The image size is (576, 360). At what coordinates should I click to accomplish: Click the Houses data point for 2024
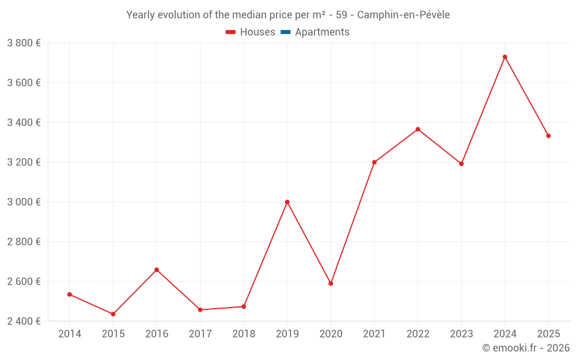click(x=505, y=57)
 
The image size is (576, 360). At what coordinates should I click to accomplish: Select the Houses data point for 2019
click(x=287, y=202)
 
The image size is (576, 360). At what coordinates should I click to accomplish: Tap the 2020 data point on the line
click(x=331, y=283)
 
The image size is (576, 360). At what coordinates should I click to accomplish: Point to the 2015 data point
click(x=113, y=314)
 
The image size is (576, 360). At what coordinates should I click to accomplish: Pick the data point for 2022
click(x=418, y=129)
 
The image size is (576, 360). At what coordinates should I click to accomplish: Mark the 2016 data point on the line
click(x=157, y=270)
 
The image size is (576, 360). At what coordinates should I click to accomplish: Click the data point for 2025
click(x=548, y=136)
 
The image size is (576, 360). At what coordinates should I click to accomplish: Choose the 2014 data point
click(x=70, y=294)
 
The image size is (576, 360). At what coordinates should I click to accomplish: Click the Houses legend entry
click(x=251, y=32)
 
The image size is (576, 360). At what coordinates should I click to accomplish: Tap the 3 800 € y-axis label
click(x=24, y=43)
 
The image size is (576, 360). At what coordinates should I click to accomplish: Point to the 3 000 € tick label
click(x=24, y=202)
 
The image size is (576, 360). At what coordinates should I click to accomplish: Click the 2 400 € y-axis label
click(x=24, y=321)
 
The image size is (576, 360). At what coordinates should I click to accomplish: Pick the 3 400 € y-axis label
click(x=24, y=122)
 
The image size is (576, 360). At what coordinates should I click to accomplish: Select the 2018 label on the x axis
click(x=244, y=334)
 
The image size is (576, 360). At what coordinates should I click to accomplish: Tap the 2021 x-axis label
click(x=374, y=334)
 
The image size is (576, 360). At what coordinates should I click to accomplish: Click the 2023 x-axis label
click(x=461, y=334)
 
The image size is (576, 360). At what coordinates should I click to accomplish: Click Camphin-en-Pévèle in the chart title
click(x=403, y=15)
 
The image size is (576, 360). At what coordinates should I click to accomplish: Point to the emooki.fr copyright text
click(x=525, y=348)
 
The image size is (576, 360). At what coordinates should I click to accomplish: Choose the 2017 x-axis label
click(x=200, y=334)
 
